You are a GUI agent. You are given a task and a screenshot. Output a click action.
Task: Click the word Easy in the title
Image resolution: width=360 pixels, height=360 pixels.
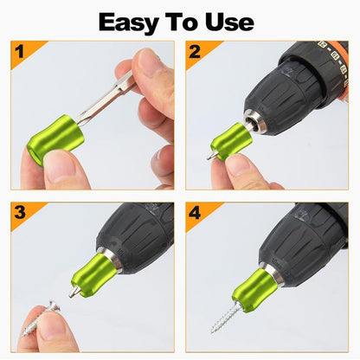[x=130, y=21]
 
